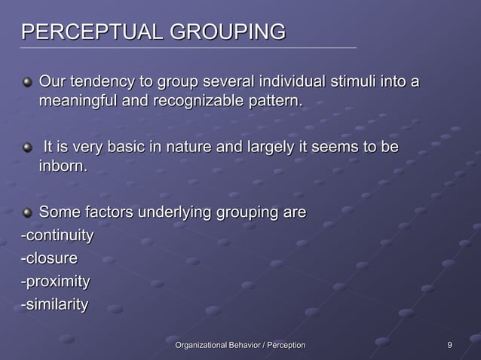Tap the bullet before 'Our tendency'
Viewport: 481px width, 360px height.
tap(28, 81)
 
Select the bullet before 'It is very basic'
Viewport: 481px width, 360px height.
tap(28, 146)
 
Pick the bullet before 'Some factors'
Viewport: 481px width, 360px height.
tap(28, 213)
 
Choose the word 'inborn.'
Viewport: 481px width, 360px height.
tap(63, 165)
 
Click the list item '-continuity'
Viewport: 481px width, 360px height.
tap(57, 236)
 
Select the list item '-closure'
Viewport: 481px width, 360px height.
tap(49, 258)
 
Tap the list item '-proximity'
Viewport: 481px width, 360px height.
tap(55, 282)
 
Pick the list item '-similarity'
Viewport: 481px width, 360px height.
tap(54, 304)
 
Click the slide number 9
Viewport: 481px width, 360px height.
tap(449, 345)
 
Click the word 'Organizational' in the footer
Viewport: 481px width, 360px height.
tap(204, 345)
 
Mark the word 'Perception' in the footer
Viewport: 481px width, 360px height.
tap(283, 345)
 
